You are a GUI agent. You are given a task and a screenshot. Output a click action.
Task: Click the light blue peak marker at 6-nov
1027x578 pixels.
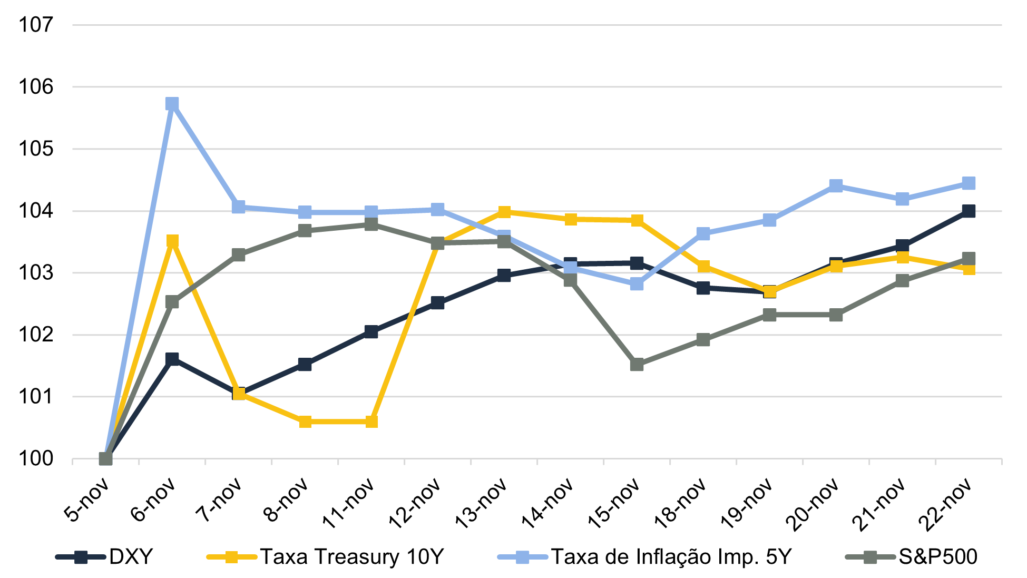coord(172,103)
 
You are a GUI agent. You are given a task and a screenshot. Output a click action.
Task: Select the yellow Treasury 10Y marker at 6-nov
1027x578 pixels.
coord(172,241)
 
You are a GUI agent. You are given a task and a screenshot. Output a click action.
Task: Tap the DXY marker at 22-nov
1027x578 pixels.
coord(969,211)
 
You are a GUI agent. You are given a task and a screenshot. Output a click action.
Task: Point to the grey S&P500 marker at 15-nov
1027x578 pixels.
coord(637,364)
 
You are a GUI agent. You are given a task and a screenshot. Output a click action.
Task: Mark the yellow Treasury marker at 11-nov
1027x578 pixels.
coord(371,422)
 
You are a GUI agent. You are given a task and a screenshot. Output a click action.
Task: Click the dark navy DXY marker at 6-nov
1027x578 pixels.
coord(172,359)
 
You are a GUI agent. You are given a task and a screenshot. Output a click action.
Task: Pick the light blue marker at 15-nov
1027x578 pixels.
coord(637,284)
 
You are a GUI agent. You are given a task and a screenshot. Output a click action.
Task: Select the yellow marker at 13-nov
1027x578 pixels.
coord(504,212)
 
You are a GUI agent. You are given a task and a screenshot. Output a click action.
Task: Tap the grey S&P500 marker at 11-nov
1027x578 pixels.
coord(371,224)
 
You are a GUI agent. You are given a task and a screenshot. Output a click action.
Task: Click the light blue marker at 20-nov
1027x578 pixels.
coord(836,185)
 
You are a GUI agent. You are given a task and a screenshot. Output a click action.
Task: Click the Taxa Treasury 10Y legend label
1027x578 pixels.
coord(352,556)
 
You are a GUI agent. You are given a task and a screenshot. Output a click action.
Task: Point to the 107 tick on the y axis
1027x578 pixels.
coord(36,24)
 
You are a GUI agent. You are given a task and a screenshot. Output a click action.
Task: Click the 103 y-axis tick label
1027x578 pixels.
coord(36,273)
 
